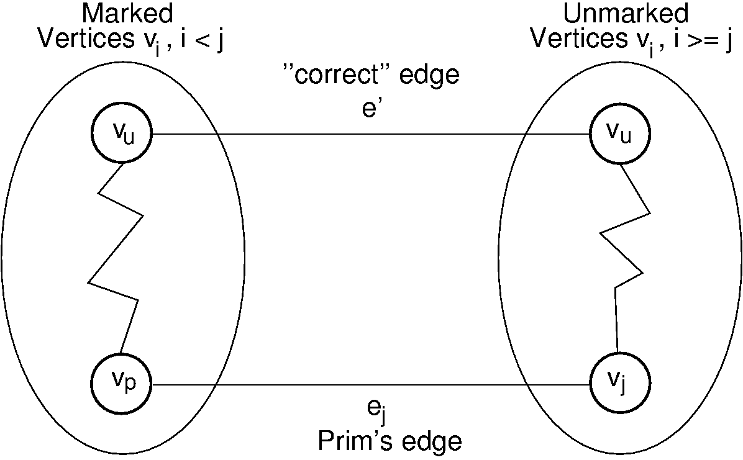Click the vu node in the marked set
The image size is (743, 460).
(x=122, y=134)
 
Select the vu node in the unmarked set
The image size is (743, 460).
(x=619, y=134)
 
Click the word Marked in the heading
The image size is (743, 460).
(x=127, y=14)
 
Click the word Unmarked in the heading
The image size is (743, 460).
(x=626, y=14)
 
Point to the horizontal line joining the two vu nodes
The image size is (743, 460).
(x=373, y=134)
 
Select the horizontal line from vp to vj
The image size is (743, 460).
(x=373, y=385)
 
